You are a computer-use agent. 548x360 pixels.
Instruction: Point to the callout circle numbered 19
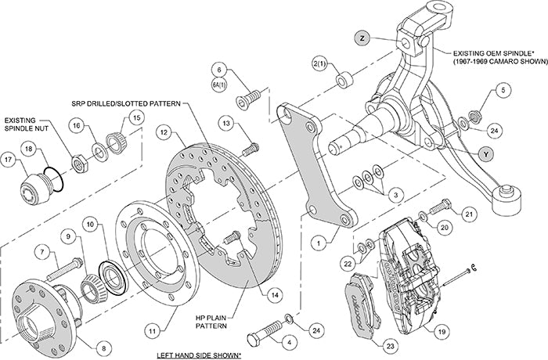pyautogui.click(x=442, y=331)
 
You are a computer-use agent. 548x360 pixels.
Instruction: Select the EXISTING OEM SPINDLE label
pyautogui.click(x=492, y=56)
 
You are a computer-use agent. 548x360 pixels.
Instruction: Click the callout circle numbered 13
pyautogui.click(x=225, y=123)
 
